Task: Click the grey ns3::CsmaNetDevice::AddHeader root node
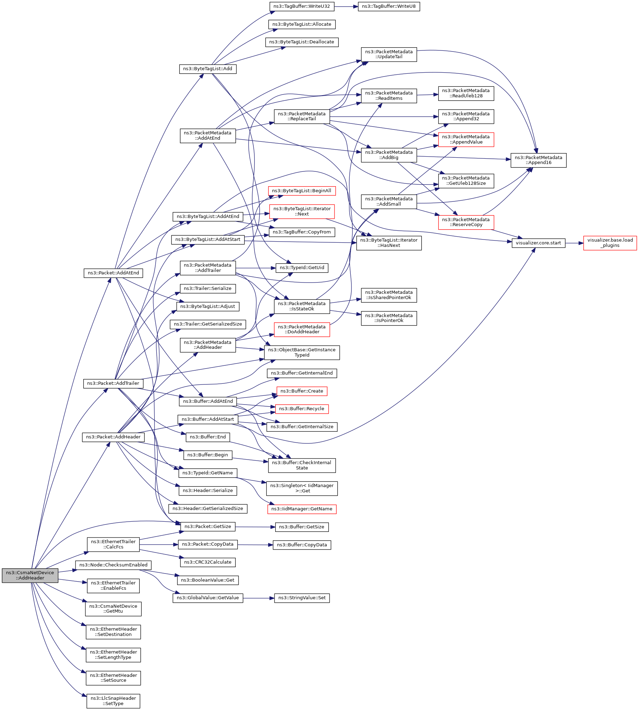(30, 575)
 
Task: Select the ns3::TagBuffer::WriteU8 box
(389, 6)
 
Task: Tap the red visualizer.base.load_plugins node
(610, 243)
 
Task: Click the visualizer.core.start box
(538, 243)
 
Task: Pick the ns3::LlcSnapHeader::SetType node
(113, 701)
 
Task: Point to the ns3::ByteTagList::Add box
(208, 69)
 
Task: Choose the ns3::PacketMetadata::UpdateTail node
(389, 54)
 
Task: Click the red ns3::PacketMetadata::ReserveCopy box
(466, 222)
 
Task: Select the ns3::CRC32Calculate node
(208, 562)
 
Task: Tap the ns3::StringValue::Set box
(302, 598)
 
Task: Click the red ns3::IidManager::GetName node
(302, 509)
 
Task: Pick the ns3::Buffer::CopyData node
(302, 545)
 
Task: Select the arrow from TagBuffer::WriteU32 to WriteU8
(346, 6)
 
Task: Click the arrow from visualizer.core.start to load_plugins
(574, 243)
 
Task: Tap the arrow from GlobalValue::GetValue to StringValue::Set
(259, 598)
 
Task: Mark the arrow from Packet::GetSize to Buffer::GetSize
(255, 527)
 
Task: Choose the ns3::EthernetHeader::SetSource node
(113, 678)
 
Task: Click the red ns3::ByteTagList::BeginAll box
(302, 191)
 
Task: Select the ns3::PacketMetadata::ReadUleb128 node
(466, 93)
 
